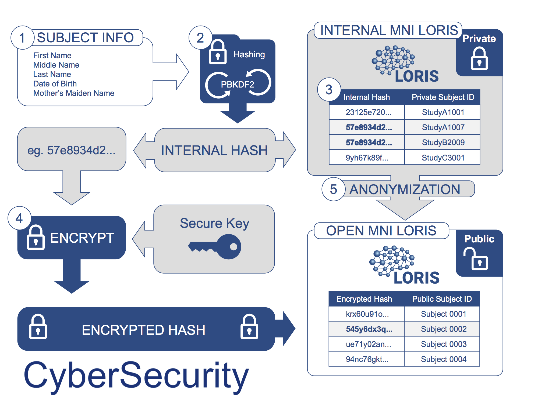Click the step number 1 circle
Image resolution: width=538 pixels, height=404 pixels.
[22, 38]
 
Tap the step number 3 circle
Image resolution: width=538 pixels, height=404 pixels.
[329, 90]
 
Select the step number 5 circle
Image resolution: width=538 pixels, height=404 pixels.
[333, 189]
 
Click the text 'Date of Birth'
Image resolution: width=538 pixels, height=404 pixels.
[55, 84]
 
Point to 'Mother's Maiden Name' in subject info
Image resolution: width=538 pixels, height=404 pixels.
[74, 93]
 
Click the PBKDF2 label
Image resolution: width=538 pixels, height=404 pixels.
[238, 85]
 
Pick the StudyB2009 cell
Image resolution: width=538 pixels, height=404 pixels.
[443, 142]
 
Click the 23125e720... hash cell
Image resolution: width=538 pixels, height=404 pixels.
[368, 112]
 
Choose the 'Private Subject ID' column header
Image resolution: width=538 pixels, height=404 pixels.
[443, 97]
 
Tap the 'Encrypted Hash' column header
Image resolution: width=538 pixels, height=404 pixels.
[364, 299]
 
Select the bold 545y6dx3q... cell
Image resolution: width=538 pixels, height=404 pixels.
[369, 329]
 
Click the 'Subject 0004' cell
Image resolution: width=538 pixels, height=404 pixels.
[444, 359]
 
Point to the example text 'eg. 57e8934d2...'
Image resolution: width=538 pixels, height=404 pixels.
[72, 150]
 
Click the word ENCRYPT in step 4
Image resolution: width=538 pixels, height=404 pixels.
[82, 238]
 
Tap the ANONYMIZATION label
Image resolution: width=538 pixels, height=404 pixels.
[405, 189]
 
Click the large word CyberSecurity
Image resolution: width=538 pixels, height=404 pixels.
[136, 376]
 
